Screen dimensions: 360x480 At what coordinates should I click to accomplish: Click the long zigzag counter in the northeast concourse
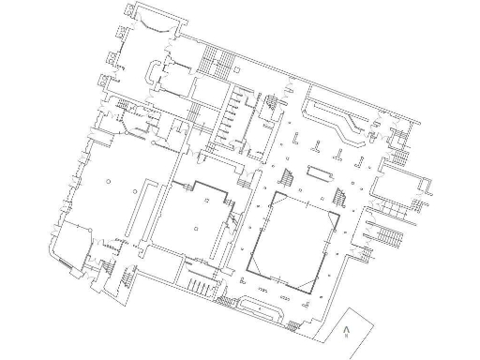(x=338, y=121)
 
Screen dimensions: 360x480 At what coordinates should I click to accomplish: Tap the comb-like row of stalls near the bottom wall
(x=200, y=284)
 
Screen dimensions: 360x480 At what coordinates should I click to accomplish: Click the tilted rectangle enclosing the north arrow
(x=352, y=331)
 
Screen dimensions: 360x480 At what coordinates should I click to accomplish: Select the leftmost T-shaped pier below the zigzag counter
(x=298, y=140)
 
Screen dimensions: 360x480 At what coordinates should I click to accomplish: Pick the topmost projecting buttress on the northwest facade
(x=127, y=8)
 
